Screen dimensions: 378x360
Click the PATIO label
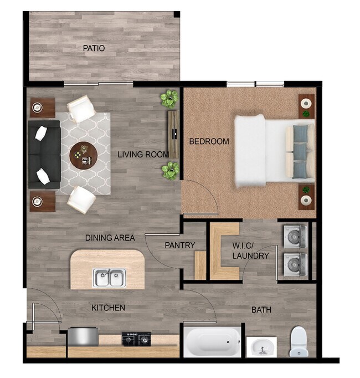click(x=94, y=48)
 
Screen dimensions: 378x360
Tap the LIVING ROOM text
click(x=143, y=155)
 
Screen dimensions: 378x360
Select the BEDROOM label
click(x=209, y=141)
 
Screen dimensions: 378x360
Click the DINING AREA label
click(x=110, y=238)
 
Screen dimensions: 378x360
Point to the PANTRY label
click(x=179, y=245)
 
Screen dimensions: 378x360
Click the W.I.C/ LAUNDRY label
click(x=250, y=251)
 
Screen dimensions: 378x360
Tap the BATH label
click(x=261, y=310)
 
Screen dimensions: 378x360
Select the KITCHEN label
click(x=108, y=308)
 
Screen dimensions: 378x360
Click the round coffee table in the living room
click(x=84, y=155)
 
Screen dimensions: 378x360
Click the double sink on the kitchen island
click(x=109, y=277)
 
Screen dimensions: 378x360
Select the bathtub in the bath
click(x=212, y=341)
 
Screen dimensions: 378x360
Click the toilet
click(x=298, y=341)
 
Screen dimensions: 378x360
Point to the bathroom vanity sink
click(x=261, y=348)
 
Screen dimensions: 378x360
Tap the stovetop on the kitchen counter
click(x=136, y=337)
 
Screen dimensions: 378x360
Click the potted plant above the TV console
click(x=169, y=99)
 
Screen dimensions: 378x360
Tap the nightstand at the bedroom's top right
click(x=306, y=105)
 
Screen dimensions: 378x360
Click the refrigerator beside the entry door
click(x=83, y=336)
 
